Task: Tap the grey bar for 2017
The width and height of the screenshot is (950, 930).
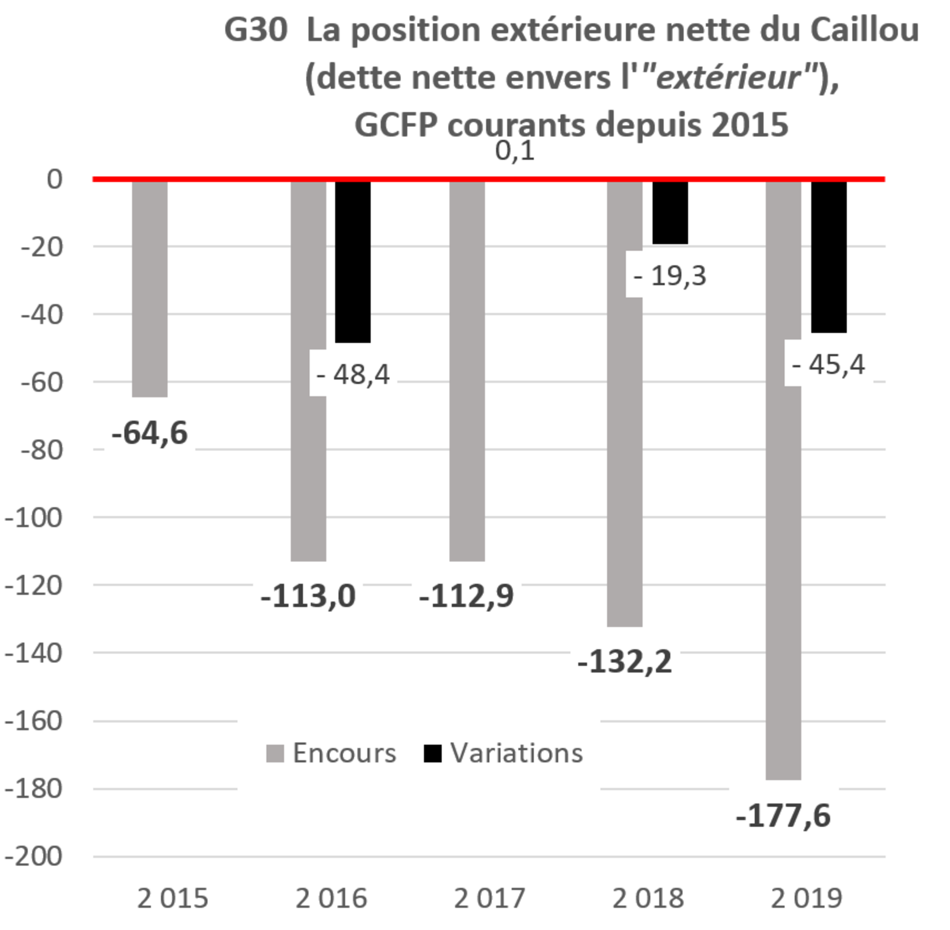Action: tap(467, 371)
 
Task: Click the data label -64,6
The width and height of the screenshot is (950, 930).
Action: tap(149, 432)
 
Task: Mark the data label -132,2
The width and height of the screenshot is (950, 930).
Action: tap(625, 661)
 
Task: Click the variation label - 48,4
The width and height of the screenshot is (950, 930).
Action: tap(354, 373)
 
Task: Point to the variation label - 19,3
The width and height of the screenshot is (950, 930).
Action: tap(670, 275)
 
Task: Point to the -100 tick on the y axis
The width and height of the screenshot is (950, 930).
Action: tap(33, 517)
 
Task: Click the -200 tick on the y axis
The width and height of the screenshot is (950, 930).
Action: tap(33, 856)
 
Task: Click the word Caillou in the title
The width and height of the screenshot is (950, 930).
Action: tap(864, 30)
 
